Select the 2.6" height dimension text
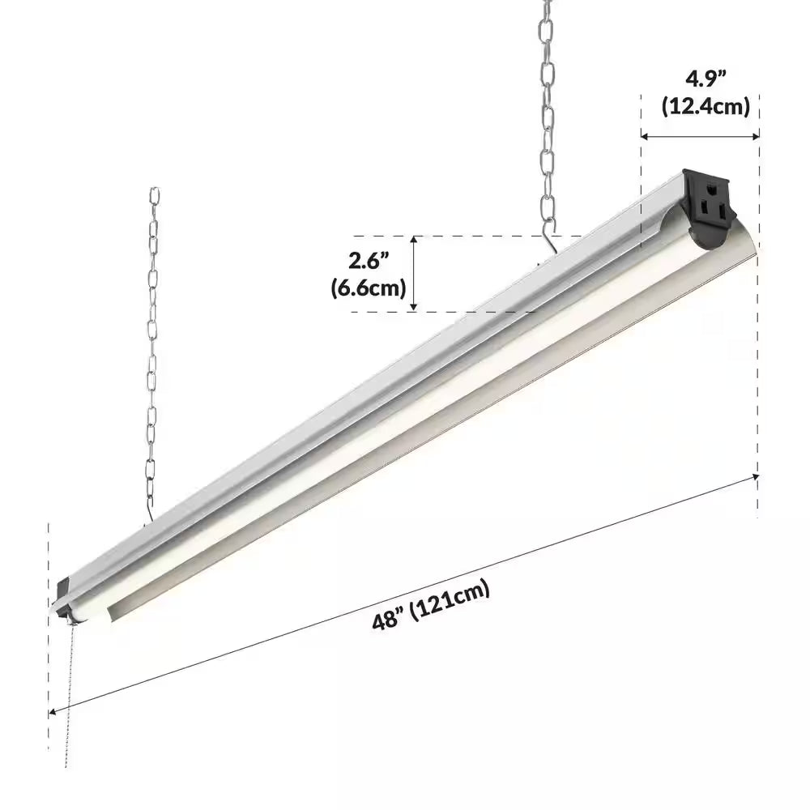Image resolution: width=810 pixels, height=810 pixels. (x=369, y=262)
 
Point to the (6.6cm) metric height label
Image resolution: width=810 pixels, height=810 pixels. (x=369, y=288)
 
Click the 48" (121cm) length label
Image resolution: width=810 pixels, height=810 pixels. (x=432, y=605)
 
